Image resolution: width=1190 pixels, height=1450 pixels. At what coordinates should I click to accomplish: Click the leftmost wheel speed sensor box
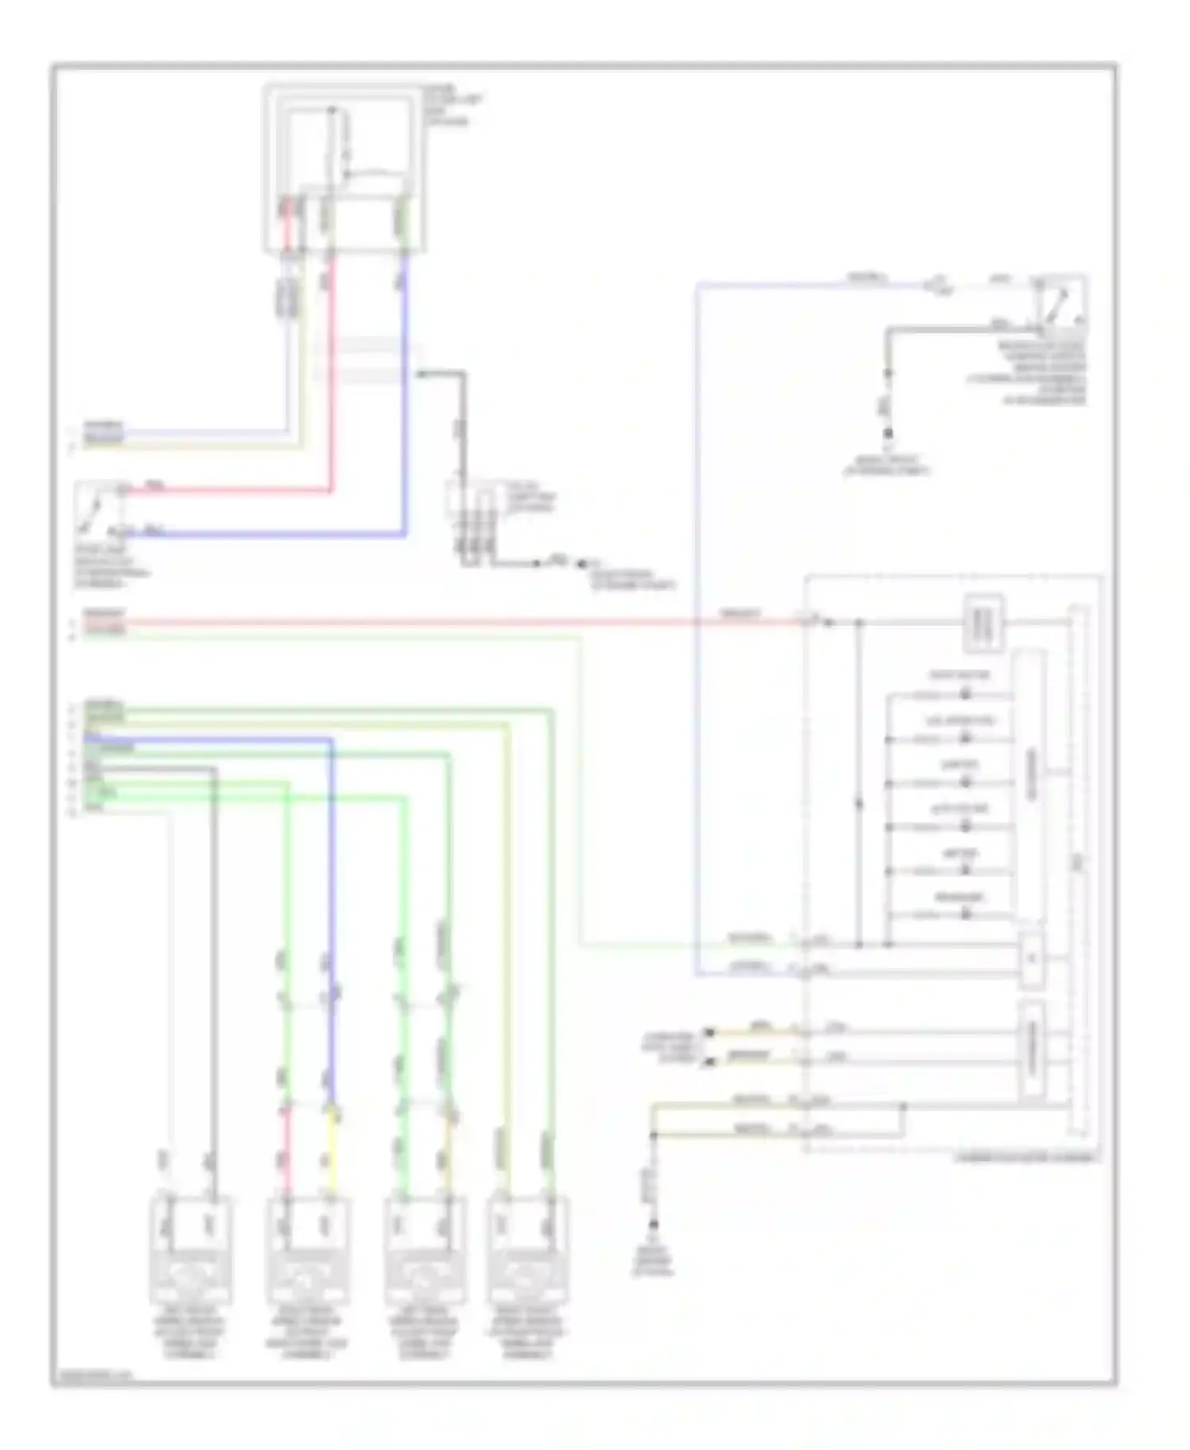pos(190,1251)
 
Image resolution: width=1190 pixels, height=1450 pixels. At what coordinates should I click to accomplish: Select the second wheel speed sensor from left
pos(308,1251)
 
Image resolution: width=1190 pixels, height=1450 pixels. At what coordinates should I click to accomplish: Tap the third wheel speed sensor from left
pos(425,1251)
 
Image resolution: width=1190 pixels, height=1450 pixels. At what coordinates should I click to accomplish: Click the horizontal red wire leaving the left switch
pos(230,491)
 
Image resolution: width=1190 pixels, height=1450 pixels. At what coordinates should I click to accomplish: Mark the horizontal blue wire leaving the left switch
pos(262,535)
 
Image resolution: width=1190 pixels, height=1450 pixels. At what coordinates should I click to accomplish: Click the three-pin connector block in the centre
pos(473,524)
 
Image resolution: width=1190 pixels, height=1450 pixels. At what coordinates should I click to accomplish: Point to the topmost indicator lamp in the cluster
pos(965,694)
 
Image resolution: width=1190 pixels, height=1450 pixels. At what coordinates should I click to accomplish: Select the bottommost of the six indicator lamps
pos(965,914)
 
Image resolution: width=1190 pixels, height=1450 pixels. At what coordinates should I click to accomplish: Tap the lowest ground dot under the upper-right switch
pos(889,433)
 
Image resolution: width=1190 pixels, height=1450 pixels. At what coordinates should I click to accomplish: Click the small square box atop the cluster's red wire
pos(984,623)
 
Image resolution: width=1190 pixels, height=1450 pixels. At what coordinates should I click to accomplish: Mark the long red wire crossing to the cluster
pos(444,623)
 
